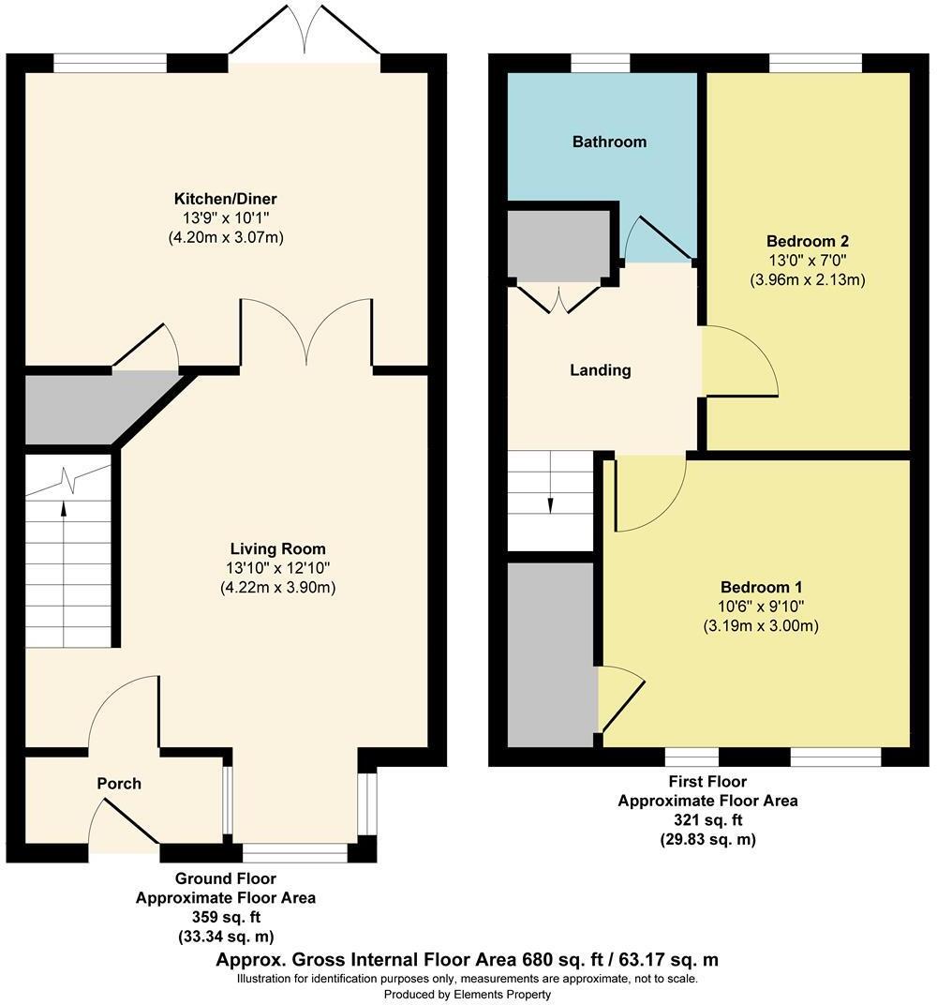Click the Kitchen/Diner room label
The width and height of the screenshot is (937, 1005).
(x=225, y=199)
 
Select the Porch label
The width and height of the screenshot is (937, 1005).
(x=119, y=783)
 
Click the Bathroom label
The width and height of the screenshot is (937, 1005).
(x=609, y=142)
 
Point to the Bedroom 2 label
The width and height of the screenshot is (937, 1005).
(x=807, y=240)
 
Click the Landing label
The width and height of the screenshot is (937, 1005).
(x=601, y=370)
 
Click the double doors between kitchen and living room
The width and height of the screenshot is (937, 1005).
(x=306, y=333)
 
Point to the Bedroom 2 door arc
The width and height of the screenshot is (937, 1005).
(x=740, y=361)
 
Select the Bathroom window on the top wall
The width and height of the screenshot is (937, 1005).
(x=601, y=63)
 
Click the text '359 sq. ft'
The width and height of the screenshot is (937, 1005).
(x=225, y=917)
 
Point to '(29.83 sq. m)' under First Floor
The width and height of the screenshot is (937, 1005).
(x=707, y=840)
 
